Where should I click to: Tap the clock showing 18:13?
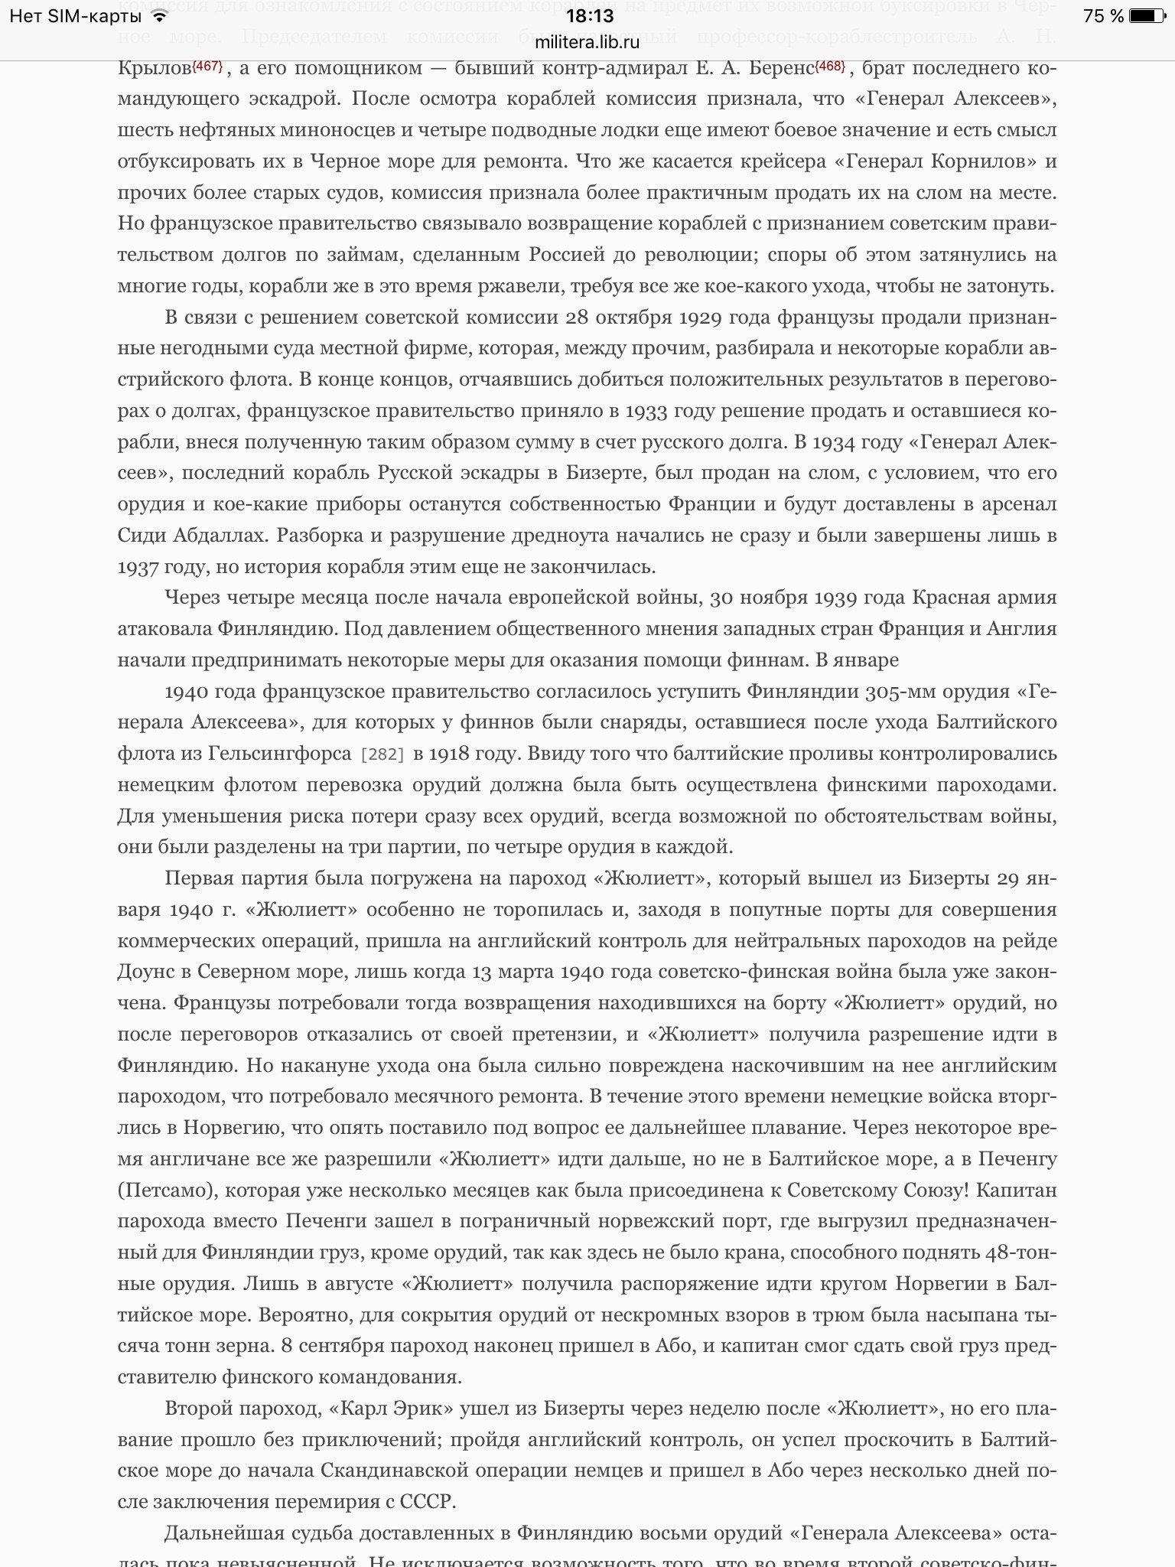click(587, 16)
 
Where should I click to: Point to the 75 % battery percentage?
click(1104, 16)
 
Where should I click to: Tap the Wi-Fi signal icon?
click(158, 16)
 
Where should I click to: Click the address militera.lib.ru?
click(587, 43)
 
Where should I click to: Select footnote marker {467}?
click(207, 66)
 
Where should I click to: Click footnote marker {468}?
click(830, 66)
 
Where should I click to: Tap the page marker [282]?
click(382, 754)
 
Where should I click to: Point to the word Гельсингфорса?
click(279, 754)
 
